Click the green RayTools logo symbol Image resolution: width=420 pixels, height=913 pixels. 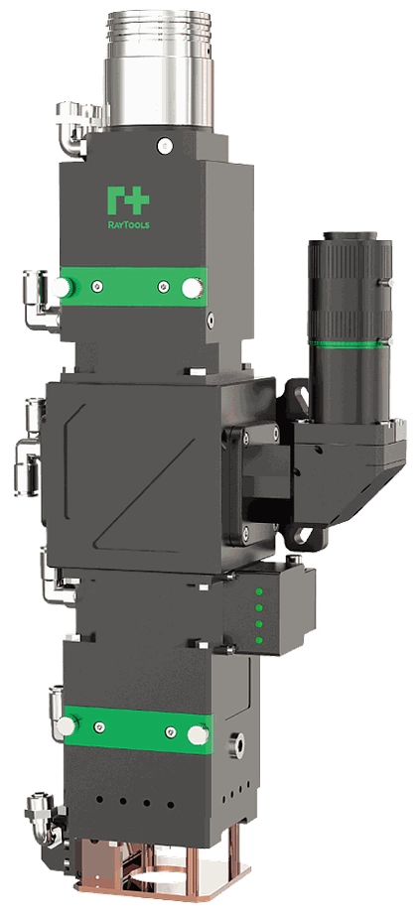click(x=127, y=200)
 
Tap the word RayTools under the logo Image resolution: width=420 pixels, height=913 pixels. click(x=128, y=224)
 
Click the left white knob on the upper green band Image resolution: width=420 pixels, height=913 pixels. click(x=61, y=287)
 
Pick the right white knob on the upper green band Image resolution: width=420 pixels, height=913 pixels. click(x=193, y=288)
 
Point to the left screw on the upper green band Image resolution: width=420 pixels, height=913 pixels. click(x=97, y=286)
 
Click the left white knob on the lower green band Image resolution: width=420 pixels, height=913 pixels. click(x=67, y=725)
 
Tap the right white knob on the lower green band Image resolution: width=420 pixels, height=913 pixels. click(x=198, y=734)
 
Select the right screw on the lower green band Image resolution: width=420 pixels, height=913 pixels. click(x=171, y=732)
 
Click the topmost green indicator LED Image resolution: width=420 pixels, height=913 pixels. click(x=258, y=591)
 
